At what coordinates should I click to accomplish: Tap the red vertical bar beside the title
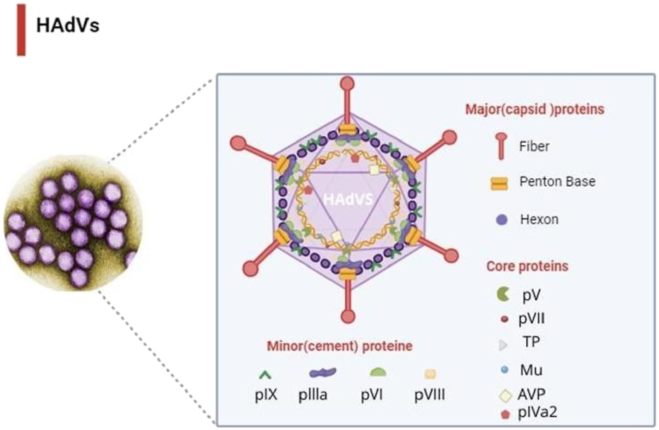pyautogui.click(x=21, y=29)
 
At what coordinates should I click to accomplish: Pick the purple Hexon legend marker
pyautogui.click(x=503, y=219)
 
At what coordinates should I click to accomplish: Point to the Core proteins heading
pyautogui.click(x=527, y=267)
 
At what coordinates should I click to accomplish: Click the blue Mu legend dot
pyautogui.click(x=503, y=369)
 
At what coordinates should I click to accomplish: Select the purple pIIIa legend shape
pyautogui.click(x=322, y=372)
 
